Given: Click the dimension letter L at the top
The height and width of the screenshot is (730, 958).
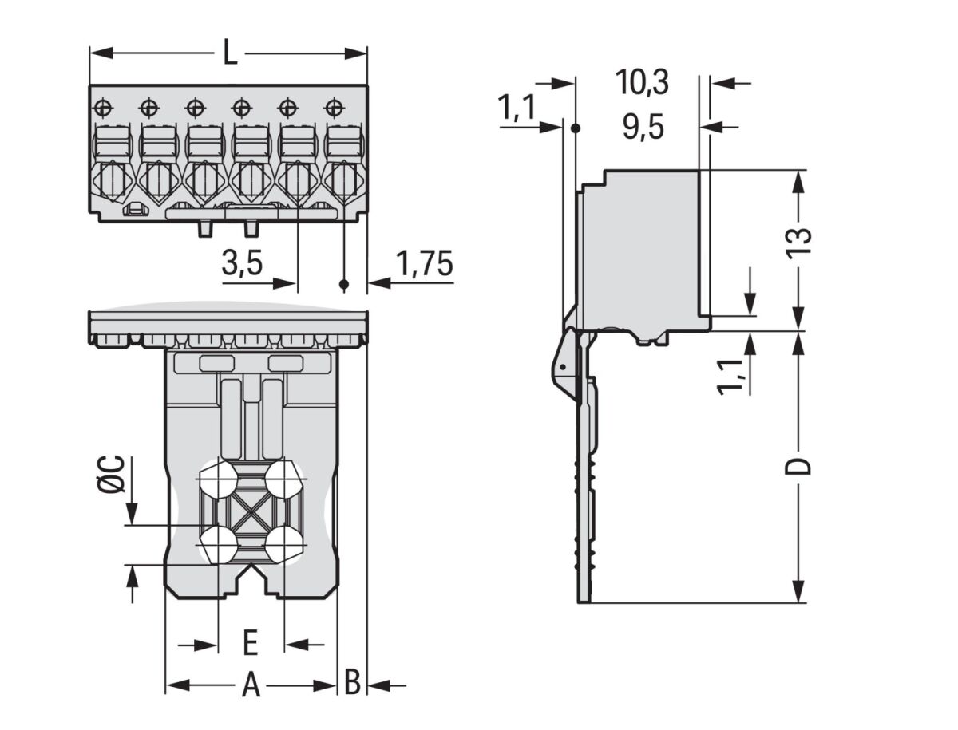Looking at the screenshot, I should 229,53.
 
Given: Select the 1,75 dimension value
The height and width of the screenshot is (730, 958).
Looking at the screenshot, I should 424,264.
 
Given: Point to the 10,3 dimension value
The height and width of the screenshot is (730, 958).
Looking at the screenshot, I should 642,81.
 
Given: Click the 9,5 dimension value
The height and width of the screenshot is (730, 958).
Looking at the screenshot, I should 643,128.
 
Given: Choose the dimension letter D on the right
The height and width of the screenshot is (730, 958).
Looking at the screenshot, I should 798,466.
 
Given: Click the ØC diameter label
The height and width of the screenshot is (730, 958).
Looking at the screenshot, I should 113,474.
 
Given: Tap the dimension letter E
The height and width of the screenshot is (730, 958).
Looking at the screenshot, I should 250,641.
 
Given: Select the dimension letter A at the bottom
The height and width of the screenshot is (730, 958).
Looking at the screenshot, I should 251,685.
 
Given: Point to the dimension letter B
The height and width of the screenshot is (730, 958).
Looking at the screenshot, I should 352,683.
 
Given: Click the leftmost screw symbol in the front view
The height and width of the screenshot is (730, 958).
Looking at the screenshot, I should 104,107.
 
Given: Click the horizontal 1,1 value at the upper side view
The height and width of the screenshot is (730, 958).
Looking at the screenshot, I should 517,109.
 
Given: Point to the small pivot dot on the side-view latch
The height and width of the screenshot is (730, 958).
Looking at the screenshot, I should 563,365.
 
